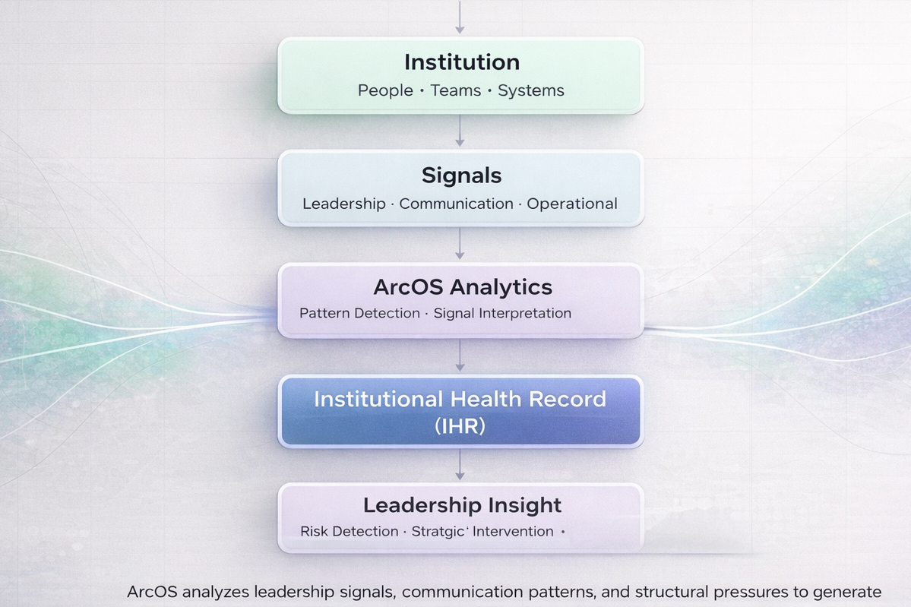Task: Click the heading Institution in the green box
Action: (461, 62)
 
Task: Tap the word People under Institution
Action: (385, 90)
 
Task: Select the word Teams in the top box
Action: (456, 90)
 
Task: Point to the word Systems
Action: (531, 90)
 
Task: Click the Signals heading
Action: (461, 175)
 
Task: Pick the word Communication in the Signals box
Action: (457, 204)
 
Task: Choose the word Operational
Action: (572, 204)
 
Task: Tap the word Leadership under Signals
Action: (344, 204)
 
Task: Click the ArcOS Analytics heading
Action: (463, 287)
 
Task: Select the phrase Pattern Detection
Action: (359, 313)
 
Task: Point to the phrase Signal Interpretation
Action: (502, 313)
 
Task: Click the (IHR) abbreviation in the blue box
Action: (460, 426)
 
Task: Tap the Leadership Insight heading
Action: (462, 505)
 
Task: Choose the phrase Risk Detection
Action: (350, 532)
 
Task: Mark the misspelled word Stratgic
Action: (438, 532)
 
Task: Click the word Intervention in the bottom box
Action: (513, 532)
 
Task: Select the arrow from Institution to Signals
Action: (460, 131)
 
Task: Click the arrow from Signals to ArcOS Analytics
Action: (460, 245)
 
